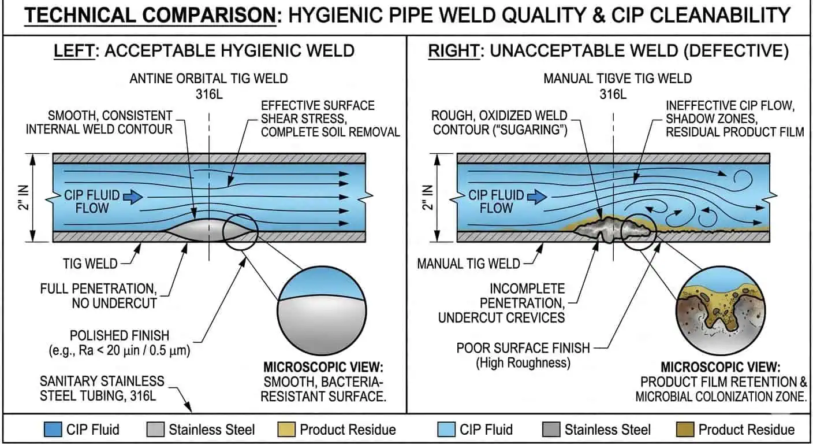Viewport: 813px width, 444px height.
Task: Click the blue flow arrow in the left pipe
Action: pos(133,197)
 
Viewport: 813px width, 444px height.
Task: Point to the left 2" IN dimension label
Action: pos(20,197)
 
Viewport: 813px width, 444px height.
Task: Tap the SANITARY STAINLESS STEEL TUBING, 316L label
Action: pos(102,388)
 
